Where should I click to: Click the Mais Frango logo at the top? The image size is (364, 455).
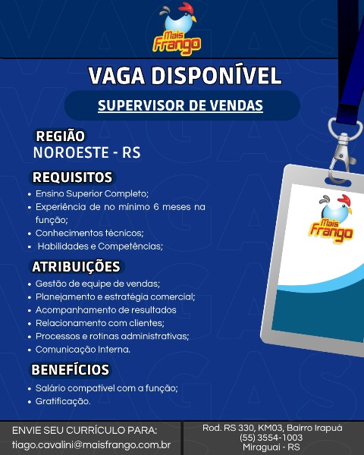(x=177, y=29)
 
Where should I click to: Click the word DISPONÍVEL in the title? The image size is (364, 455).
(x=216, y=76)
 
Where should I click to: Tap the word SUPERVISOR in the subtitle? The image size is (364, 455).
(x=141, y=105)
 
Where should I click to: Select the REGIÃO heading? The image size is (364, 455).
(x=61, y=136)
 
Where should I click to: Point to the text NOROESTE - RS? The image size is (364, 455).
(x=87, y=153)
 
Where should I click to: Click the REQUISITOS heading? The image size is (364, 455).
(x=72, y=177)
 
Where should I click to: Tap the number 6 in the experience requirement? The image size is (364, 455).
(x=156, y=207)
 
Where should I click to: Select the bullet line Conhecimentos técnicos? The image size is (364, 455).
(x=89, y=233)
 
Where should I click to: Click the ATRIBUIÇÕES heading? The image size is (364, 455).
(x=76, y=267)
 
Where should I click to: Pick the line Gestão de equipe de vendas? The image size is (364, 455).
(x=98, y=284)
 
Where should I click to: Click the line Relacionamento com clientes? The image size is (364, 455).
(x=100, y=323)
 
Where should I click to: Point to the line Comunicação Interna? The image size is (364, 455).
(x=83, y=350)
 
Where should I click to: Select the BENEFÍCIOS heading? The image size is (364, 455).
(x=71, y=370)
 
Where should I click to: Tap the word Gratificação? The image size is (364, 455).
(x=63, y=401)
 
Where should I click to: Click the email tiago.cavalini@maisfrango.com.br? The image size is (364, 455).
(x=92, y=445)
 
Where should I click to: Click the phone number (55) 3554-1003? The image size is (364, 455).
(x=271, y=438)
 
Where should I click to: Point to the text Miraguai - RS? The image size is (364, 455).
(x=271, y=447)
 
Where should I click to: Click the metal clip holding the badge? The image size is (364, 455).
(x=343, y=151)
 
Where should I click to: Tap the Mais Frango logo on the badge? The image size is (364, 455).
(x=332, y=219)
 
